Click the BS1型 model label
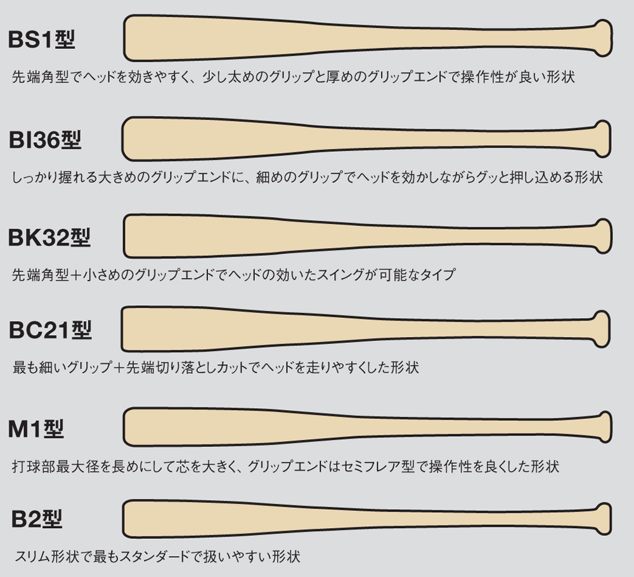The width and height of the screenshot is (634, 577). click(42, 40)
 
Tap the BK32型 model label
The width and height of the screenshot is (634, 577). click(50, 237)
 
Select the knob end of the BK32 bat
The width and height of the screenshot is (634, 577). click(603, 235)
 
